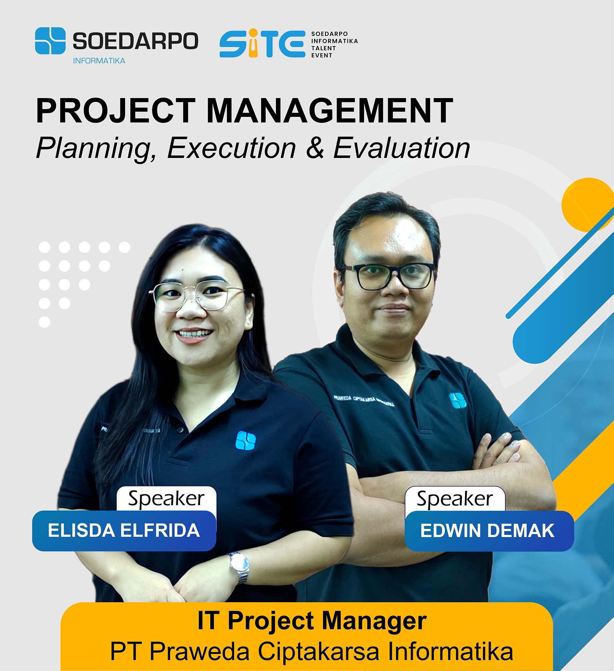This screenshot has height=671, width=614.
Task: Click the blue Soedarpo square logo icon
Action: tap(50, 41)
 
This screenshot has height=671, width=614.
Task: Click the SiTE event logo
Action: tap(262, 44)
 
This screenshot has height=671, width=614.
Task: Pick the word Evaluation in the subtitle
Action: tap(402, 148)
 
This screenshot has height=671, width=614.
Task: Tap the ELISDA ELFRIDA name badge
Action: tap(124, 530)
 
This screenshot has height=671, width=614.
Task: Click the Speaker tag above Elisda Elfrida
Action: tap(166, 499)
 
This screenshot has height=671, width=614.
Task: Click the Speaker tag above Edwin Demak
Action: tap(455, 499)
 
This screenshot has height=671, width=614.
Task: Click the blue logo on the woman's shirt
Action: tap(246, 440)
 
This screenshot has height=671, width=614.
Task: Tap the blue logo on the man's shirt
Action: tap(457, 400)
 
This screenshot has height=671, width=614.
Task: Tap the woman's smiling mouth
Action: tap(195, 335)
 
